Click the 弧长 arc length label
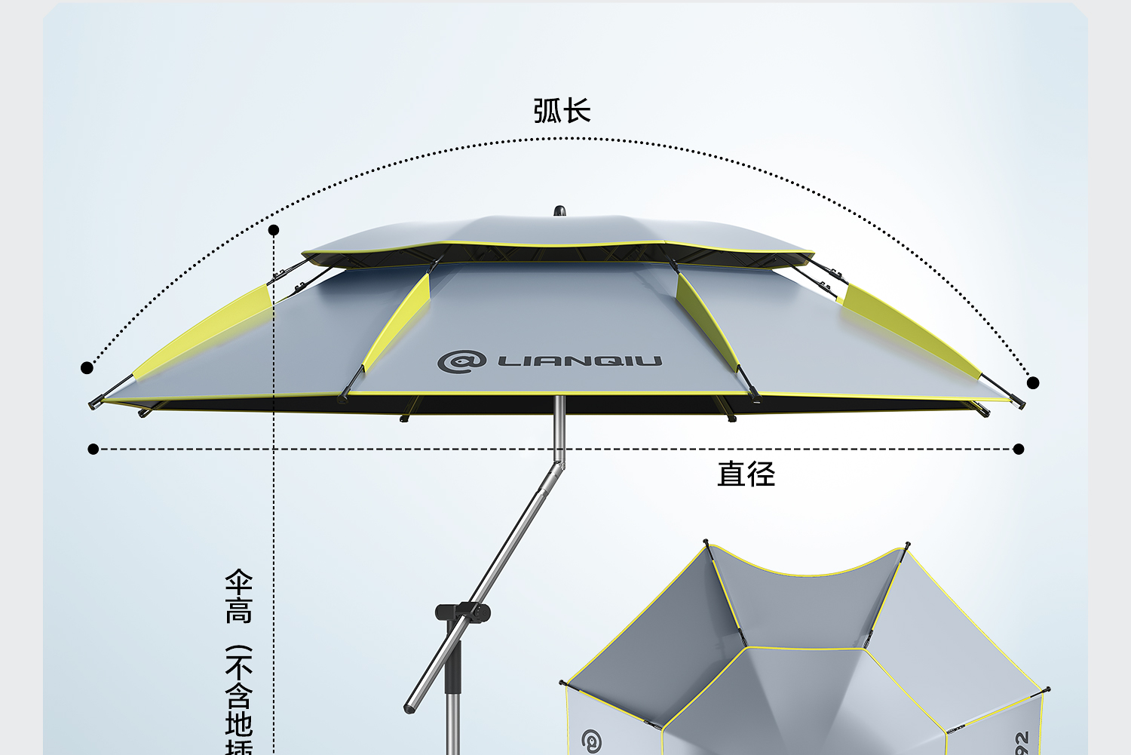[562, 111]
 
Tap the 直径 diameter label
[746, 474]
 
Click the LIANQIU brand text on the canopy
[579, 361]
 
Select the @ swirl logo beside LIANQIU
[461, 361]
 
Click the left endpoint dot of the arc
[87, 368]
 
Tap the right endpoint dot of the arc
[1033, 383]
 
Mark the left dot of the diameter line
[93, 450]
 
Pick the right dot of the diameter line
[1019, 450]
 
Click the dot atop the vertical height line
[274, 230]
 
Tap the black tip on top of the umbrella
[559, 210]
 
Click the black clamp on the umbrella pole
[461, 612]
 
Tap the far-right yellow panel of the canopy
[909, 330]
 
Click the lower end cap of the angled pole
[410, 707]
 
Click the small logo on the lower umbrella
[592, 741]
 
